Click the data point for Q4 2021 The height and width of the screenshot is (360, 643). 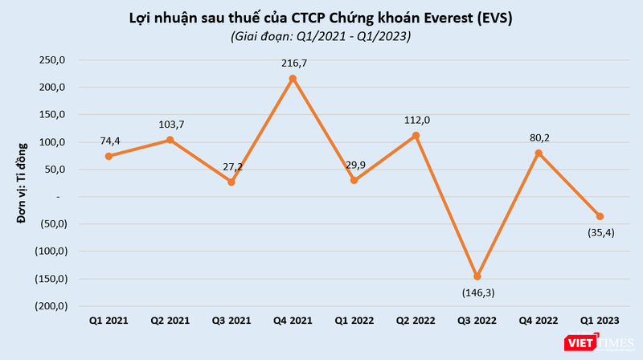click(x=293, y=79)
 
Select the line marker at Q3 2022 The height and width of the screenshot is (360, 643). click(x=477, y=276)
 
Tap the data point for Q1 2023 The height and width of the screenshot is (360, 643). click(x=600, y=216)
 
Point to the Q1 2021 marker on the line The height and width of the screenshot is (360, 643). click(x=109, y=156)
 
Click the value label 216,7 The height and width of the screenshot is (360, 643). click(x=293, y=62)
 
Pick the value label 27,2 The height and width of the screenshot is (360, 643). click(x=232, y=166)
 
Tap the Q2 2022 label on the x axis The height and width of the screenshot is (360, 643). click(x=416, y=321)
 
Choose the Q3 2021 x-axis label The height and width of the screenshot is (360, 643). click(x=231, y=321)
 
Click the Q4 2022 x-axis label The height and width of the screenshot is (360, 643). click(x=539, y=321)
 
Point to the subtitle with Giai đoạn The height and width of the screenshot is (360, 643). click(x=321, y=36)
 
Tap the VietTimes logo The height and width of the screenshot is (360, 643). click(x=596, y=343)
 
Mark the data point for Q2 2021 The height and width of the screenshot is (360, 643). click(x=170, y=140)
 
